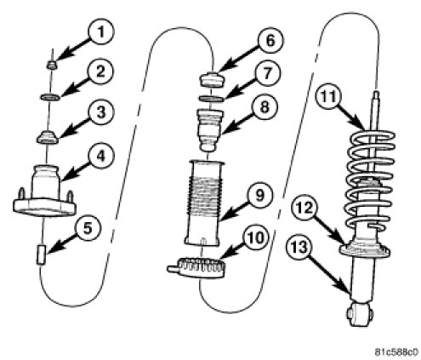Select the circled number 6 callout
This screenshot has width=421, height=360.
point(270,40)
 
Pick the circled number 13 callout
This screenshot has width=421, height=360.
point(299,247)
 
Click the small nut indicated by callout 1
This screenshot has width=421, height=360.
point(52,66)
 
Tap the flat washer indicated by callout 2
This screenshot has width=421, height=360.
point(50,97)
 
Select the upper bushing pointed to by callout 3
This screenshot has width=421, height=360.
point(47,137)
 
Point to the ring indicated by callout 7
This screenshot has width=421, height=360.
point(211,99)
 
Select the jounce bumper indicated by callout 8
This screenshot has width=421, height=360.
point(210,130)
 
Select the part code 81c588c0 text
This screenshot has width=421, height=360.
point(396,352)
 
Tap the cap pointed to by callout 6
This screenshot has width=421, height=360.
point(211,80)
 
